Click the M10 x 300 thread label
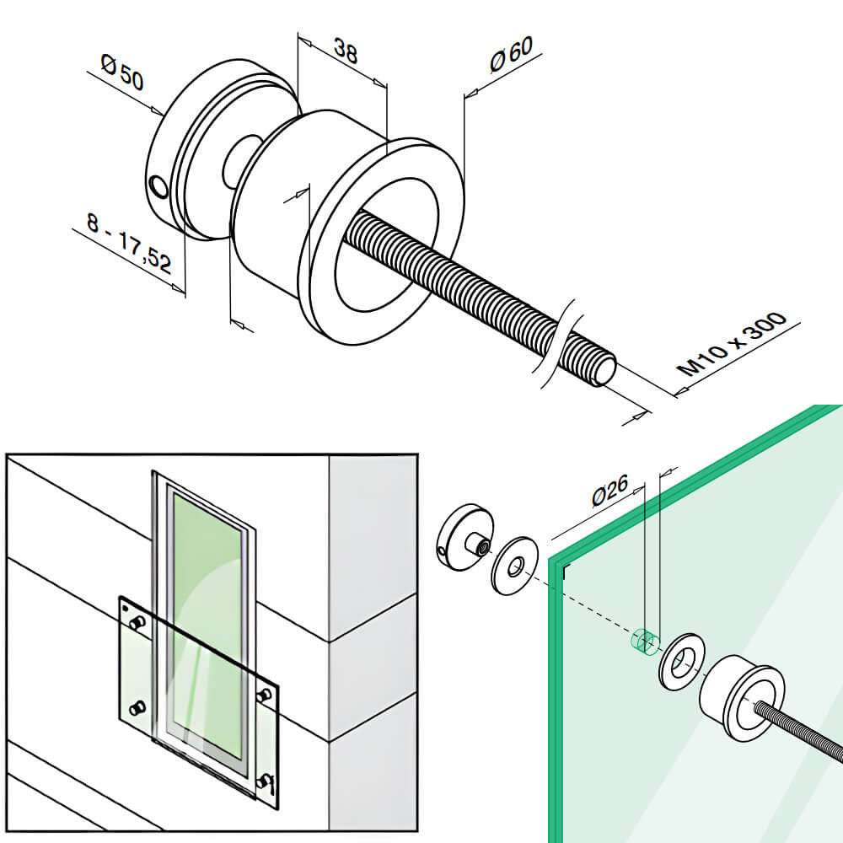[732, 344]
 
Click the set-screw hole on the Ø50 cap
[158, 184]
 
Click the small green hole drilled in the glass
[644, 642]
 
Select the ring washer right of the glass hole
[683, 662]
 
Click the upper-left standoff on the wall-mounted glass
[137, 622]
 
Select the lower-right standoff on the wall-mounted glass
[267, 781]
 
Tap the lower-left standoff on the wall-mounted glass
[138, 706]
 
